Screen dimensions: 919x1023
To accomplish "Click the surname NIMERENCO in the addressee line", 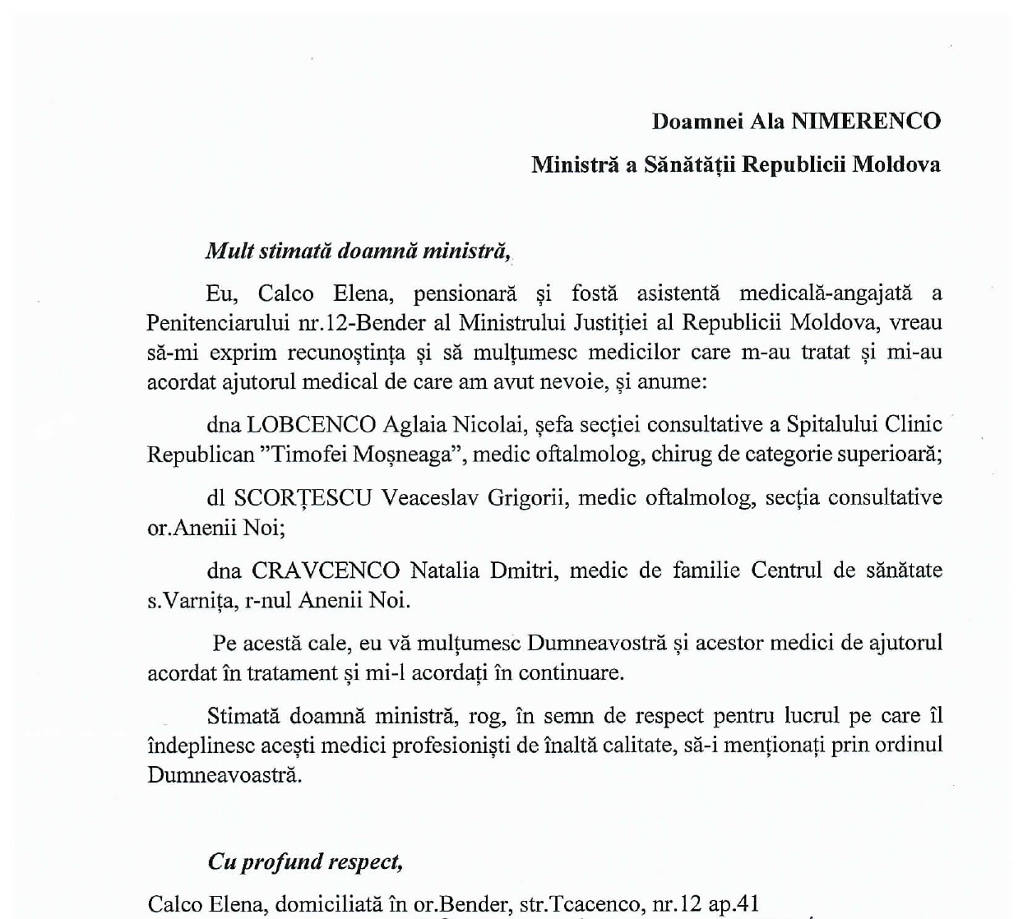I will (x=866, y=122).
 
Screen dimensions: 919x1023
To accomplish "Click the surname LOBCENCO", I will (x=311, y=424).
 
